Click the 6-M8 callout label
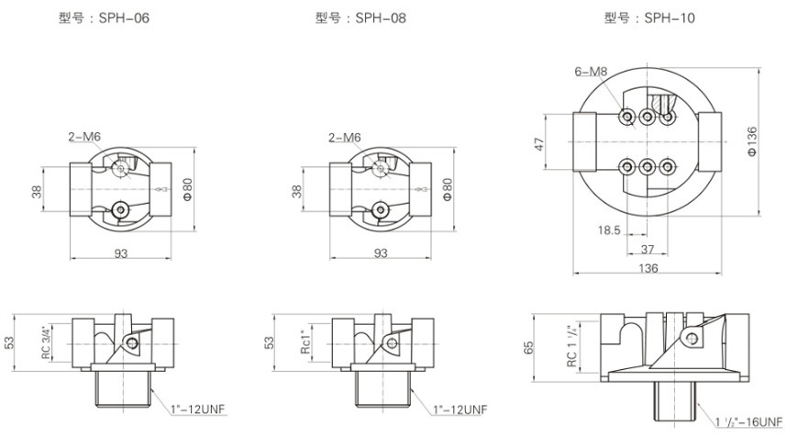click(592, 71)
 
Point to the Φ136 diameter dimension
click(752, 143)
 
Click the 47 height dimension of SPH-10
click(539, 142)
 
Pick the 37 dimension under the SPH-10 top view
click(647, 250)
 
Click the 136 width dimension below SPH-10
click(648, 270)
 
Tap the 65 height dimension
click(539, 348)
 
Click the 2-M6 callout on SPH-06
click(85, 137)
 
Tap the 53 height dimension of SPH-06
click(10, 342)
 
